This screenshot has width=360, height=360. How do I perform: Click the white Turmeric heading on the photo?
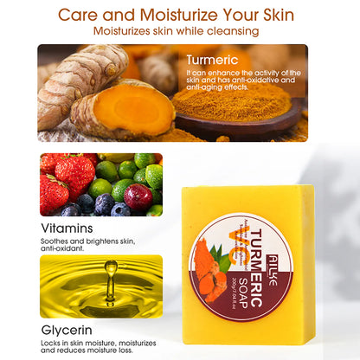[x=212, y=60]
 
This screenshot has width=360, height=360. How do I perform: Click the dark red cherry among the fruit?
[x=138, y=196]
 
